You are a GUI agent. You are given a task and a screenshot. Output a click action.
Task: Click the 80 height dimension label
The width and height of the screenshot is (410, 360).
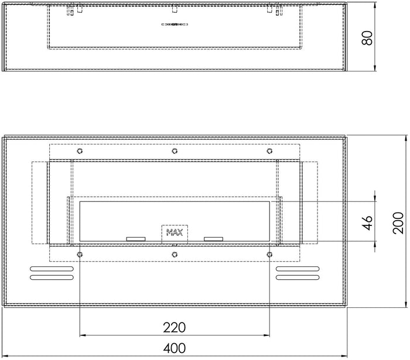pos(367,37)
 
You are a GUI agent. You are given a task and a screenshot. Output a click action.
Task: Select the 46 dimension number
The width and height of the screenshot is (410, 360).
pos(367,223)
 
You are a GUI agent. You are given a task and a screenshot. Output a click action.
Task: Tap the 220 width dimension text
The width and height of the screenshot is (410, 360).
pos(175,327)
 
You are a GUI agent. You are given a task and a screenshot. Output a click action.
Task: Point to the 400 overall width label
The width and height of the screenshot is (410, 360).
pos(175,348)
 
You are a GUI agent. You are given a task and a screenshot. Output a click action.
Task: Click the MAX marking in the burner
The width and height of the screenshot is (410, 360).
pos(175,233)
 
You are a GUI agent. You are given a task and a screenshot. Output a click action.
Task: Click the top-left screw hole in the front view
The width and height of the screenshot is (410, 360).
pos(80,151)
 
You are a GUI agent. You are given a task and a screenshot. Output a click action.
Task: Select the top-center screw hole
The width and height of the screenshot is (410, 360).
pos(175,151)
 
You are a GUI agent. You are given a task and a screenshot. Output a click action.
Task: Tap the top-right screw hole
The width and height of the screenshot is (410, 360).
pos(269,151)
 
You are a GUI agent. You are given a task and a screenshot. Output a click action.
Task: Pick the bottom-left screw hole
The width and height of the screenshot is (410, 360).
pos(80,254)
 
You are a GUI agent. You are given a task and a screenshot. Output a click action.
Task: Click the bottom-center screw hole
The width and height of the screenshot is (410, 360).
pos(175,254)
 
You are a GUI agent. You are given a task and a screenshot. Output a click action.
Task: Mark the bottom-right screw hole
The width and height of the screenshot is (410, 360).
pos(269,254)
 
